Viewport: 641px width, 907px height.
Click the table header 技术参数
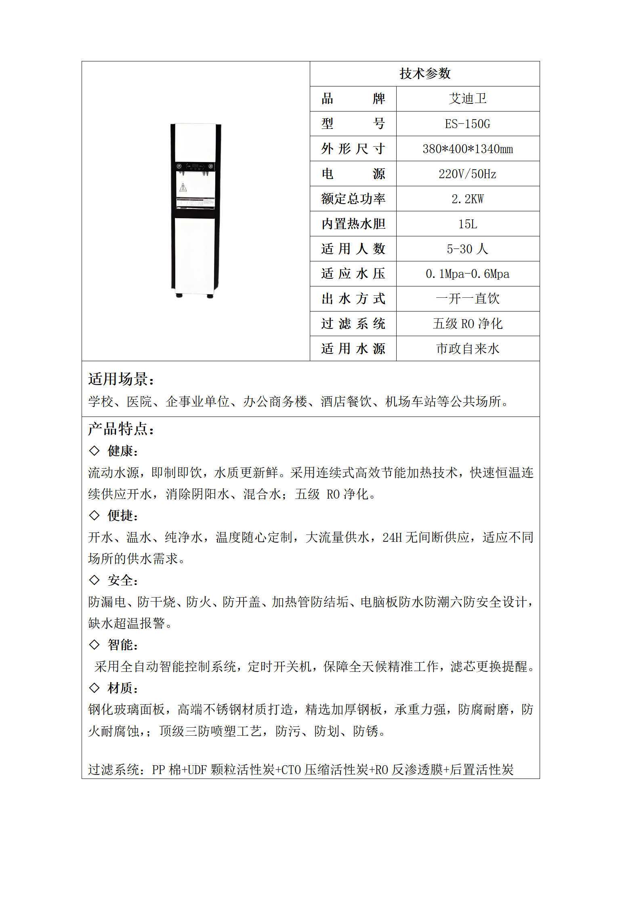point(425,74)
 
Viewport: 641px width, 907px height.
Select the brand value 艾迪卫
point(468,99)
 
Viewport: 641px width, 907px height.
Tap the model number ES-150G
point(468,124)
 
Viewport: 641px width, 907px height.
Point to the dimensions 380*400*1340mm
point(468,149)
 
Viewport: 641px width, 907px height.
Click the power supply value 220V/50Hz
point(468,174)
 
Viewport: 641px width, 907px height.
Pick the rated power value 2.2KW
point(468,199)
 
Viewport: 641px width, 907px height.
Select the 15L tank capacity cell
point(468,224)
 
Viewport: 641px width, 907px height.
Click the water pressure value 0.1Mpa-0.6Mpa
point(468,274)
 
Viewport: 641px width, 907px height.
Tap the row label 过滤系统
point(353,324)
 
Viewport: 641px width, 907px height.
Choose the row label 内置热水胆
point(353,224)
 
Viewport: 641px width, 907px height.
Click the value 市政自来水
point(468,349)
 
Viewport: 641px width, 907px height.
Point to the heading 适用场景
point(121,379)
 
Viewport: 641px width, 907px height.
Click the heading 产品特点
point(121,429)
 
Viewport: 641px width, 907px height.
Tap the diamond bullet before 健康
point(94,450)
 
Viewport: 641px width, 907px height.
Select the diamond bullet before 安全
point(94,580)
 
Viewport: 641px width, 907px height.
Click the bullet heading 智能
point(123,645)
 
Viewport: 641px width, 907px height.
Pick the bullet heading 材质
point(123,688)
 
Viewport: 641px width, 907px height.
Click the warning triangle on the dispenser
point(183,187)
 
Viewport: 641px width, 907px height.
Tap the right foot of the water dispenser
point(210,296)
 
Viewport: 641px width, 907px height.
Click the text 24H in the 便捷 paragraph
point(392,537)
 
